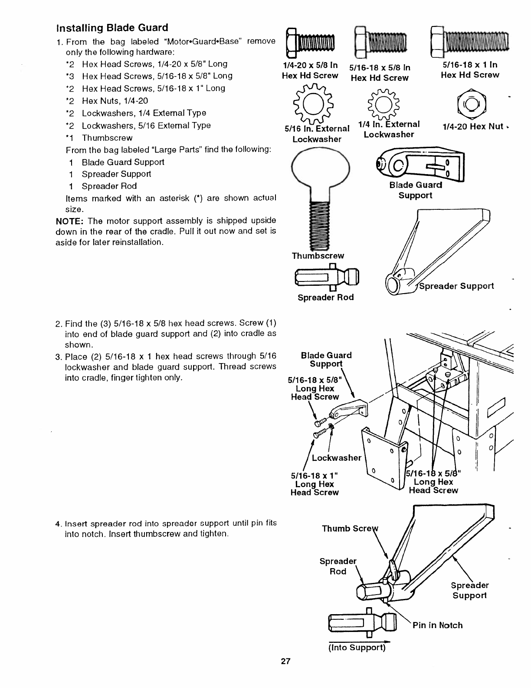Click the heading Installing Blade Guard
[x=112, y=28]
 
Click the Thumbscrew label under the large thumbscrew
[x=318, y=256]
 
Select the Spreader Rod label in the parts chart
[x=325, y=298]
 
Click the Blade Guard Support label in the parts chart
[x=416, y=190]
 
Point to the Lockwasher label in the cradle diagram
[x=336, y=458]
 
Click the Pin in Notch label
[x=437, y=625]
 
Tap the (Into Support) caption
[x=357, y=648]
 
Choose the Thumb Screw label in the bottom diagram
[x=350, y=529]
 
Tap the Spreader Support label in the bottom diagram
[x=469, y=590]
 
